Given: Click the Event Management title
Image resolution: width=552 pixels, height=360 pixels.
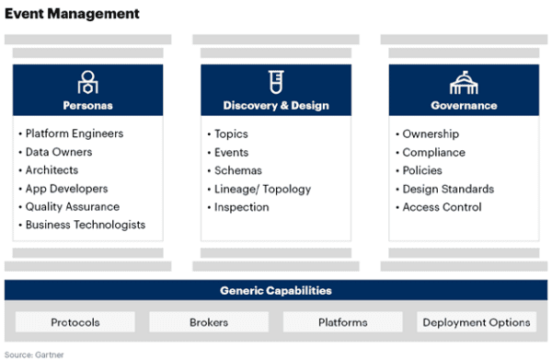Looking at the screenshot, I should click(x=73, y=14).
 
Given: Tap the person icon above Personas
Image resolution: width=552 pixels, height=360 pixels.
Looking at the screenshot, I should click(x=87, y=82).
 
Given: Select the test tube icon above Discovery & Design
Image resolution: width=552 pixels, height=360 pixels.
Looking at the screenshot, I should click(x=275, y=82).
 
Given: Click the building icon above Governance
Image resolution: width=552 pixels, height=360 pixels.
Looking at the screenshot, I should click(x=463, y=83).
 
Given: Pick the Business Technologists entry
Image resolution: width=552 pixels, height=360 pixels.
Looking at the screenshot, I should click(x=85, y=225).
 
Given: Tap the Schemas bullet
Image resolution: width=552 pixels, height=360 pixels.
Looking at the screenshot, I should click(x=237, y=170).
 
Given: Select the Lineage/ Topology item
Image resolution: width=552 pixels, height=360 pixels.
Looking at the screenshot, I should click(x=262, y=189).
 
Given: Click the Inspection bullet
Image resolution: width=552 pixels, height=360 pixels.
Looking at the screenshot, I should click(x=241, y=207).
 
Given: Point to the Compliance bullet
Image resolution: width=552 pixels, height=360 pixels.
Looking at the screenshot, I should click(x=433, y=152).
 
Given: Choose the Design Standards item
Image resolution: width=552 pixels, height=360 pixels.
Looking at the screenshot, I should click(x=448, y=189).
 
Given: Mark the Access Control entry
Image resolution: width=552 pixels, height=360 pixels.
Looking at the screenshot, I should click(x=442, y=207).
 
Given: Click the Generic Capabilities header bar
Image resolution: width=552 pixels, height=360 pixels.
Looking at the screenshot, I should click(x=276, y=291).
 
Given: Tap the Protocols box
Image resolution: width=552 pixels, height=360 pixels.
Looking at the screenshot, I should click(x=75, y=322).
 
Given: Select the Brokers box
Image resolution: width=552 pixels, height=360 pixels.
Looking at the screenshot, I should click(x=209, y=322).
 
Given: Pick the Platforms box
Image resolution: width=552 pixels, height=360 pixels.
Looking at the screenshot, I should click(x=342, y=322).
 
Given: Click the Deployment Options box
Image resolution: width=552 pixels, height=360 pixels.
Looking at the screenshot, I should click(x=476, y=322).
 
